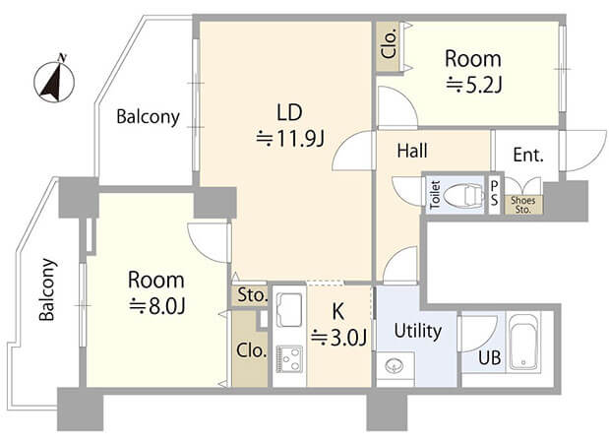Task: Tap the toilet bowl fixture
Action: pyautogui.click(x=463, y=194)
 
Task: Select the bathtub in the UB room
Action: pyautogui.click(x=523, y=342)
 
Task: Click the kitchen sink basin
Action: pyautogui.click(x=289, y=310)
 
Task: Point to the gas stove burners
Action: pyautogui.click(x=289, y=358)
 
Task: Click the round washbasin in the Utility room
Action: pyautogui.click(x=395, y=366)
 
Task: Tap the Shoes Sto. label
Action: pyautogui.click(x=522, y=205)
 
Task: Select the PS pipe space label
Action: pyautogui.click(x=494, y=194)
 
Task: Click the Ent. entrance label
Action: pyautogui.click(x=528, y=155)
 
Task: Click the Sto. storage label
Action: pyautogui.click(x=253, y=295)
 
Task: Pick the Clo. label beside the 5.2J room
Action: pyautogui.click(x=390, y=43)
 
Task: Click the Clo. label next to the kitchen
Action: pyautogui.click(x=251, y=350)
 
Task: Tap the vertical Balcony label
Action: pyautogui.click(x=47, y=289)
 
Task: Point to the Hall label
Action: pyautogui.click(x=412, y=151)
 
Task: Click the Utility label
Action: pyautogui.click(x=418, y=331)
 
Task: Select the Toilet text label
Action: pyautogui.click(x=435, y=195)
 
